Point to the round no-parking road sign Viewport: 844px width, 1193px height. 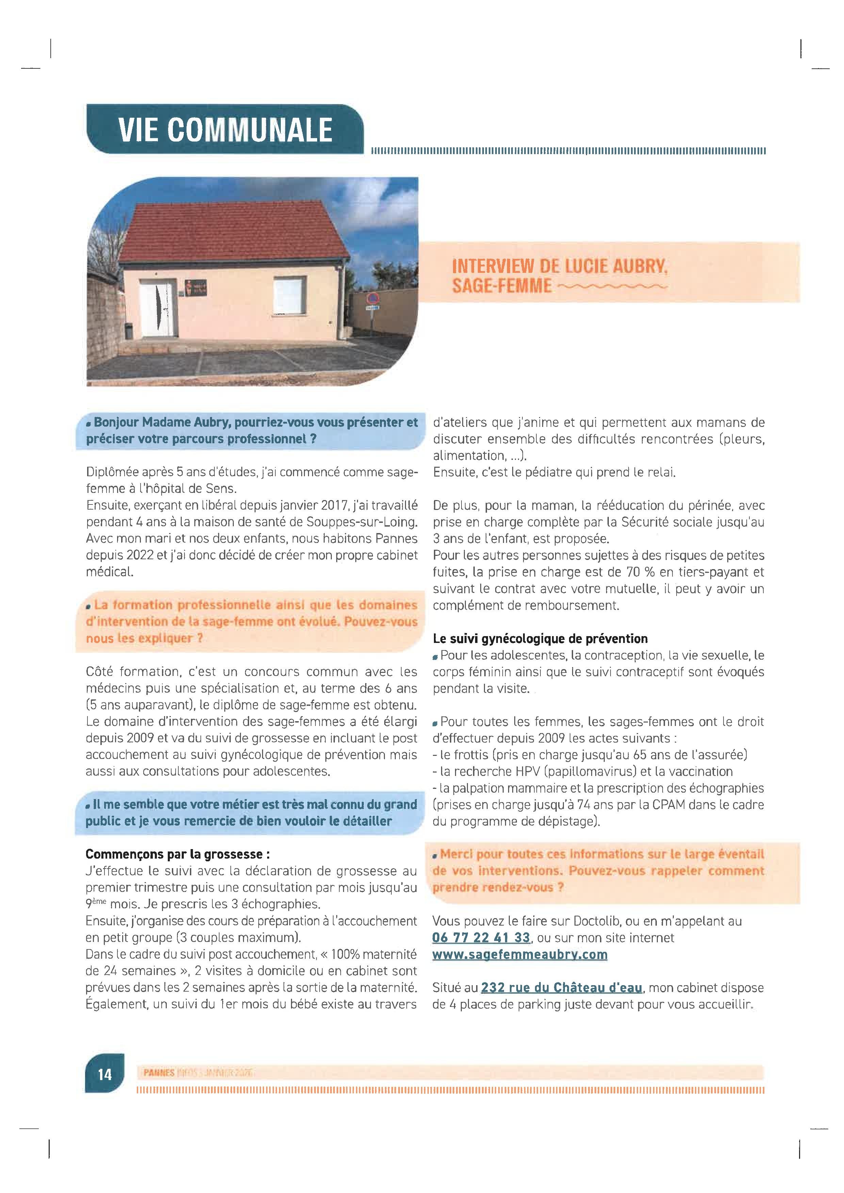pos(372,298)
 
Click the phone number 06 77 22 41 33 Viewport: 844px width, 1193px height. pos(481,938)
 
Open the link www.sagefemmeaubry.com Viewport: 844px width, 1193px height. pos(520,955)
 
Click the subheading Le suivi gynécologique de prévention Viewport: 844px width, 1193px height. pos(540,639)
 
